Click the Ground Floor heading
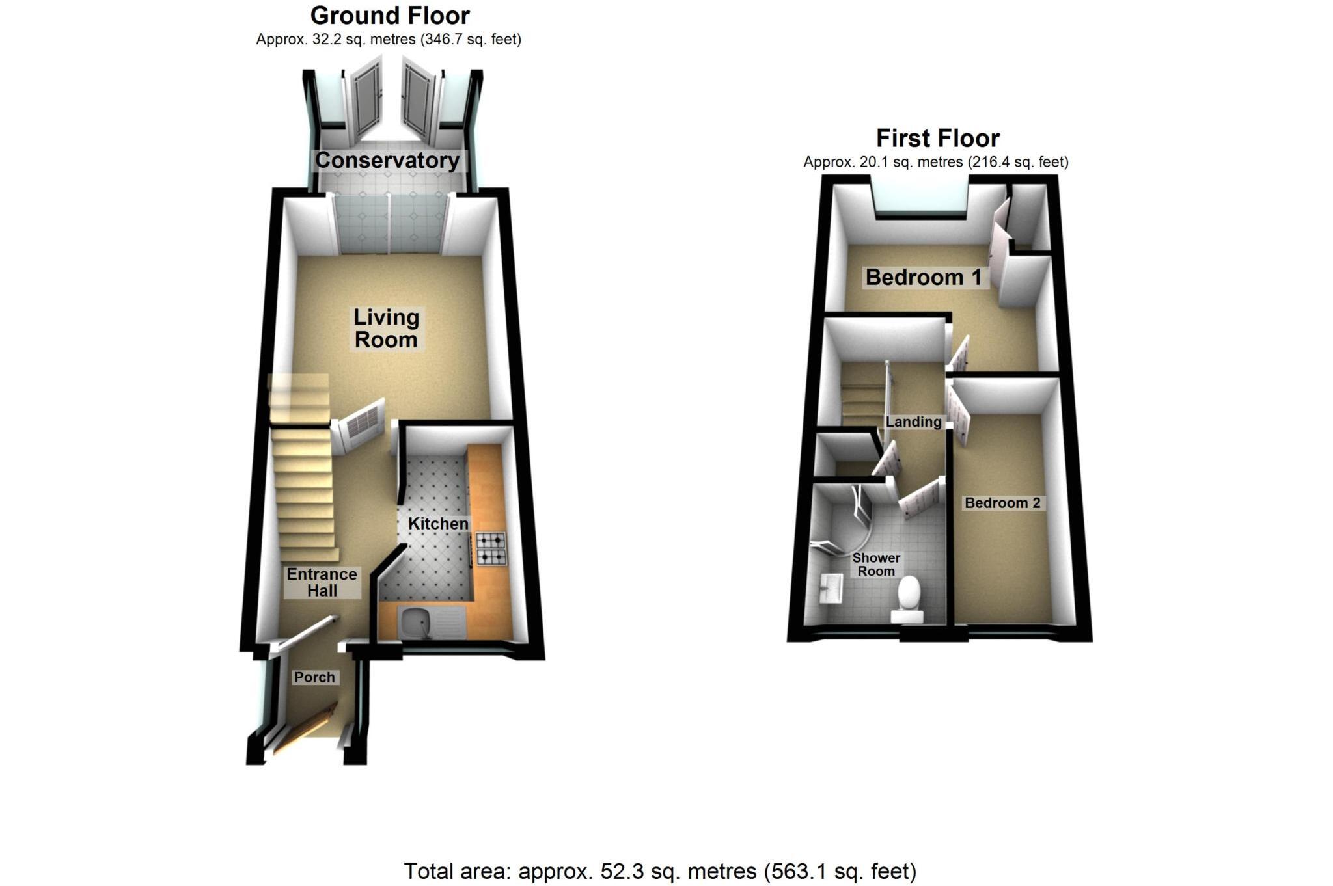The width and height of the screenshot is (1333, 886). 390,16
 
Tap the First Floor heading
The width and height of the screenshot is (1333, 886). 937,139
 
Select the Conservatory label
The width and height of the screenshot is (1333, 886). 387,161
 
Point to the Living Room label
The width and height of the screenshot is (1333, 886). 386,329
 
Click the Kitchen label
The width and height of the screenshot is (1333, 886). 438,524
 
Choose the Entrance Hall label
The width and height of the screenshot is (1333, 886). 322,582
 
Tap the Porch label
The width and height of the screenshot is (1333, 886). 314,677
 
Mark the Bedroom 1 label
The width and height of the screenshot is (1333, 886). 923,278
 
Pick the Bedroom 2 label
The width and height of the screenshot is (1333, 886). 1002,503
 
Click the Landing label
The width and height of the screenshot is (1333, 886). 914,422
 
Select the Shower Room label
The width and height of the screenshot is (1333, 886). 876,565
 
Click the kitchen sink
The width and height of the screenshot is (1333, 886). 417,623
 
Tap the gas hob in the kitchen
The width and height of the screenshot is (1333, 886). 491,548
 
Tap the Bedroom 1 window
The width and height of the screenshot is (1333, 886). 920,198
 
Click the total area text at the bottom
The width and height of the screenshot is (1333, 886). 659,871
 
